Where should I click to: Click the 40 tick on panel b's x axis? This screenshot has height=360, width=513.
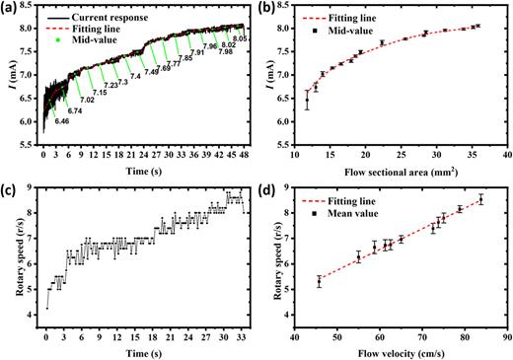[506, 156]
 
